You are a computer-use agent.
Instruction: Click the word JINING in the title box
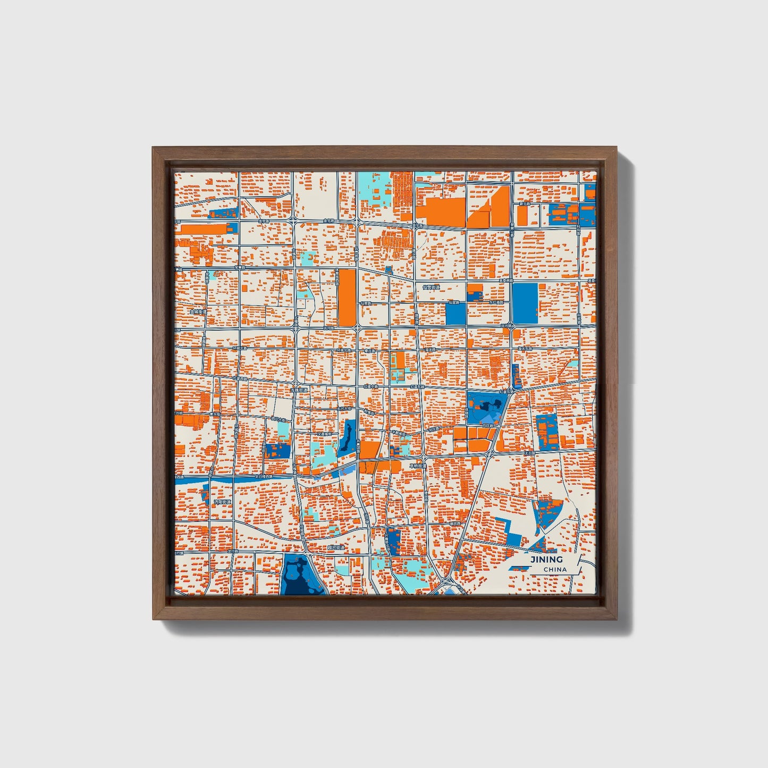coord(546,559)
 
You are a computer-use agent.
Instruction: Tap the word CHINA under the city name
coord(555,569)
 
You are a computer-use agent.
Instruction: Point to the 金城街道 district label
coord(198,312)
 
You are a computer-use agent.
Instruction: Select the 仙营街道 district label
coord(431,287)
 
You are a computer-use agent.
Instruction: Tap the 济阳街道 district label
coord(222,501)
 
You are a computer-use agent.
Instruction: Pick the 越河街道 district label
coord(335,547)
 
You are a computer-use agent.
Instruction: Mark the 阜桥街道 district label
coord(418,466)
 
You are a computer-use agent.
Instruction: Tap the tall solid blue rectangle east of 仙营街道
coord(525,303)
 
